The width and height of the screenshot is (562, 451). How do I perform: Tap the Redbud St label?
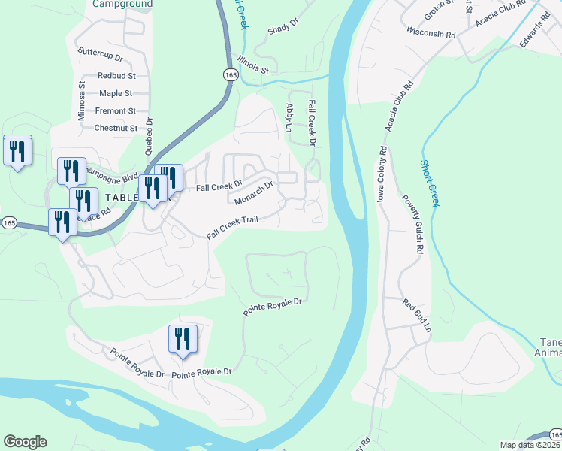tap(116, 76)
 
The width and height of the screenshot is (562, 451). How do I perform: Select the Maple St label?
tap(116, 93)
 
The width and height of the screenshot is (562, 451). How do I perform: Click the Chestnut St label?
tap(116, 128)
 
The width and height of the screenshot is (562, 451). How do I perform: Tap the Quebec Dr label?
tap(149, 136)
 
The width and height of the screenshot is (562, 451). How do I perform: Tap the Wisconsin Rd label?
tap(431, 34)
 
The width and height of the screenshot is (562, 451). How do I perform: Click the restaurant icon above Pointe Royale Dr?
tap(183, 340)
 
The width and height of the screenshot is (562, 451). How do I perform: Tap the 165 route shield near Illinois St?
tap(230, 74)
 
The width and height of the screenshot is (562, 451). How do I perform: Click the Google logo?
tap(25, 442)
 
